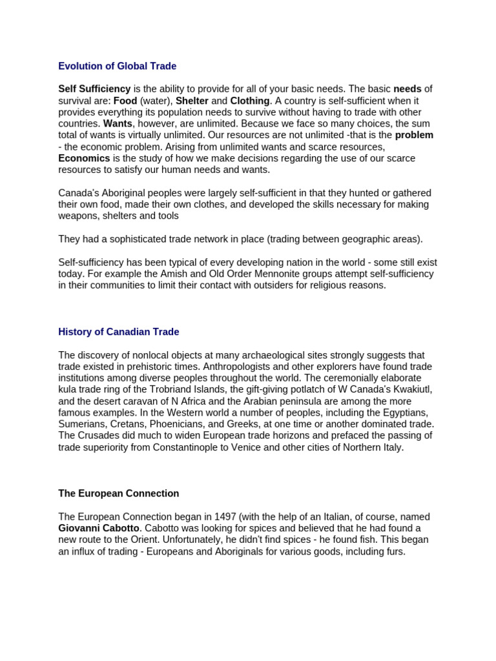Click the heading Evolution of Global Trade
pyautogui.click(x=117, y=66)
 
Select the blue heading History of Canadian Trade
pyautogui.click(x=118, y=332)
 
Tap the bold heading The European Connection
pyautogui.click(x=118, y=493)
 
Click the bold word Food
pyautogui.click(x=125, y=101)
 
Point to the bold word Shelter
pyautogui.click(x=192, y=101)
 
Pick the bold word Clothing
pyautogui.click(x=250, y=101)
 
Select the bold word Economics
pyautogui.click(x=84, y=158)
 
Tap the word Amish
pyautogui.click(x=181, y=274)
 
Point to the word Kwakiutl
pyautogui.click(x=408, y=389)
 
